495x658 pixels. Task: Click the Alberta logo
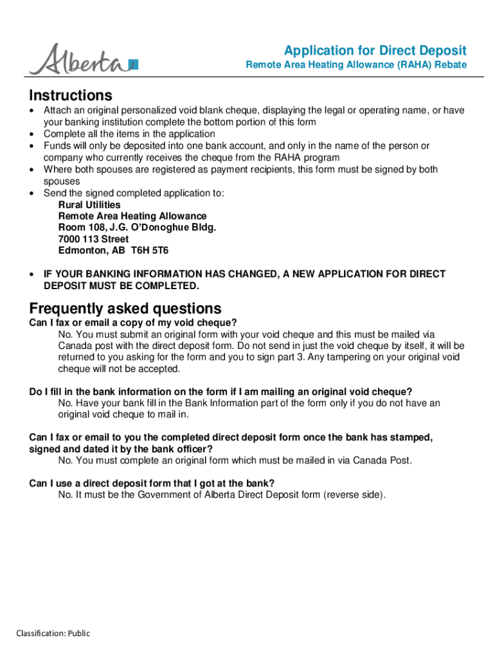coord(84,59)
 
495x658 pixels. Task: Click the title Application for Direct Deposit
coord(375,51)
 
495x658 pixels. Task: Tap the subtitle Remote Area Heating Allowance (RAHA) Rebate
coord(356,66)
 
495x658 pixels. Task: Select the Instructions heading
coord(71,96)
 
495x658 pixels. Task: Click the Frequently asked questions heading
coord(125,308)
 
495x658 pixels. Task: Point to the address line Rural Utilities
coord(89,204)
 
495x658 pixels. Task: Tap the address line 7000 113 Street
coord(93,239)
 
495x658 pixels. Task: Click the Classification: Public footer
coord(53,634)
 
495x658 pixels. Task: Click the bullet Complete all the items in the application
coord(129,134)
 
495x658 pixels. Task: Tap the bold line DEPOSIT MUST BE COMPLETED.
coord(122,285)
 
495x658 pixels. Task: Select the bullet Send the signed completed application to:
coord(134,193)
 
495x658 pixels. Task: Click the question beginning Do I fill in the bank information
coord(221,391)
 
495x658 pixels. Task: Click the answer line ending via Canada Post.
coord(235,460)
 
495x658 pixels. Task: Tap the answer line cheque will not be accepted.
coord(120,369)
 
